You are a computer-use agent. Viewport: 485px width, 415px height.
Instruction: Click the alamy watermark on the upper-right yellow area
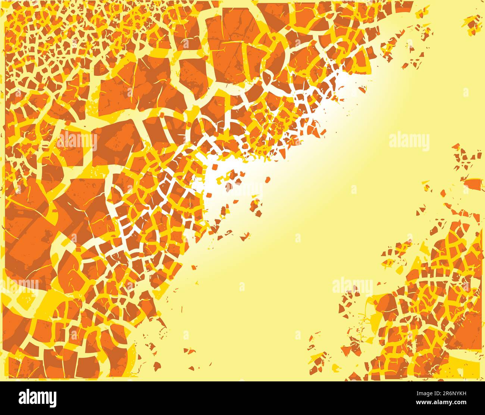[409, 141]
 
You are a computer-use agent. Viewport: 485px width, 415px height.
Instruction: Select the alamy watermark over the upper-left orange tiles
[77, 141]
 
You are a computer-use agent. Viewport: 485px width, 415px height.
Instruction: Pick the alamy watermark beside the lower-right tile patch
[352, 286]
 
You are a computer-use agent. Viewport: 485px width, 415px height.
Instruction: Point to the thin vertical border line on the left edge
[5, 187]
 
